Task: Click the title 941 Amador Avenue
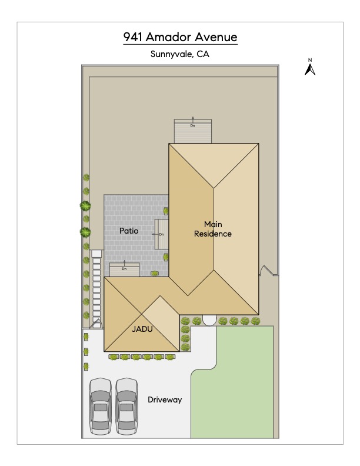pyautogui.click(x=181, y=37)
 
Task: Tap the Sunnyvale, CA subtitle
pyautogui.click(x=179, y=54)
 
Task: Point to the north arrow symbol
pyautogui.click(x=310, y=69)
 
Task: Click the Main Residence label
pyautogui.click(x=213, y=229)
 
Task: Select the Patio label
pyautogui.click(x=129, y=231)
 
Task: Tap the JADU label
pyautogui.click(x=142, y=329)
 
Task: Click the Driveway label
pyautogui.click(x=165, y=400)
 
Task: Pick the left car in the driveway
pyautogui.click(x=101, y=406)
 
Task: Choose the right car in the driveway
pyautogui.click(x=126, y=406)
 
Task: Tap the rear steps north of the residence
pyautogui.click(x=193, y=131)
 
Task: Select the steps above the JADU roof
pyautogui.click(x=124, y=269)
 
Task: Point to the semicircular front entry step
pyautogui.click(x=209, y=320)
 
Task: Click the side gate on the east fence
pyautogui.click(x=266, y=270)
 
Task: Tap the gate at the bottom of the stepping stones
pyautogui.click(x=96, y=324)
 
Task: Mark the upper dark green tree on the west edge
pyautogui.click(x=85, y=206)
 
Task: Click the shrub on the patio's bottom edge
pyautogui.click(x=155, y=273)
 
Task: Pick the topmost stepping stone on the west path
pyautogui.click(x=96, y=254)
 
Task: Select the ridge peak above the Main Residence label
pyautogui.click(x=214, y=188)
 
